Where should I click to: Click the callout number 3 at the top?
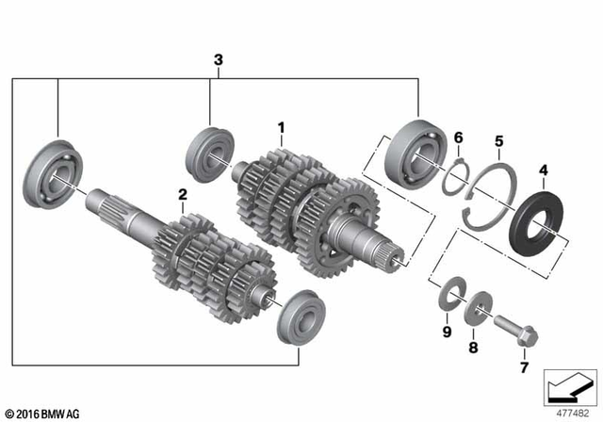(219, 61)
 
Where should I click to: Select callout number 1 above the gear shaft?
(280, 126)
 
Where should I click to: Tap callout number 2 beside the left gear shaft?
(183, 195)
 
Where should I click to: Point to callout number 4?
(543, 170)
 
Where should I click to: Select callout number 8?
(474, 348)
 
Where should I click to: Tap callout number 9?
(447, 332)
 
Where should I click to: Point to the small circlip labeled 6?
(457, 173)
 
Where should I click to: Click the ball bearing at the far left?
(57, 175)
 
